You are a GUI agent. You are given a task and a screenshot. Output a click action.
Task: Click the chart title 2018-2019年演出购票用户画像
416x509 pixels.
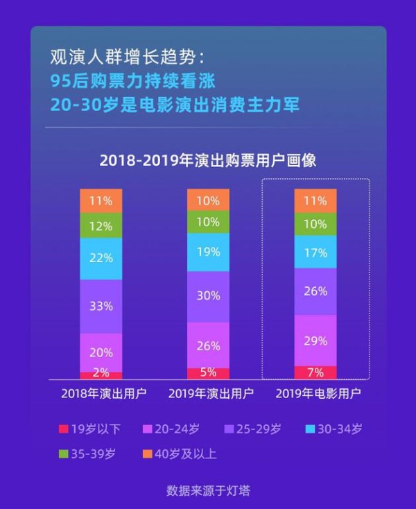tap(208, 160)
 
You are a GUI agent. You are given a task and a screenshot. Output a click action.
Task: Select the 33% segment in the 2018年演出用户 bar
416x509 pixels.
tap(101, 306)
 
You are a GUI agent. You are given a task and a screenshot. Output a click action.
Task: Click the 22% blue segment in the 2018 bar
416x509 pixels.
tap(101, 258)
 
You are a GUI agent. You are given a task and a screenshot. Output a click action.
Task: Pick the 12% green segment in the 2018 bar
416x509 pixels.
tap(101, 225)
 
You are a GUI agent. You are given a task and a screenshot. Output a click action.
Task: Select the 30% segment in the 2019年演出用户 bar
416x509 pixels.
tap(208, 295)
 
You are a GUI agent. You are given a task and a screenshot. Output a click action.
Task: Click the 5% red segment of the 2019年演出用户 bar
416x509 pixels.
tap(208, 372)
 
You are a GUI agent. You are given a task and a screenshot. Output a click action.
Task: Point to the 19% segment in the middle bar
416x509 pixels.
tap(208, 252)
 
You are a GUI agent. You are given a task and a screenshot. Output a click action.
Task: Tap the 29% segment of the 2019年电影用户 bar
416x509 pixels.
tap(315, 340)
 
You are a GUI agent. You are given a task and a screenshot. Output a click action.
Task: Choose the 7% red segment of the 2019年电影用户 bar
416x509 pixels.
tap(315, 372)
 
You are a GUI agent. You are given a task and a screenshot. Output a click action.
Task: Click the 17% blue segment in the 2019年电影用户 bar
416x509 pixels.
tap(315, 253)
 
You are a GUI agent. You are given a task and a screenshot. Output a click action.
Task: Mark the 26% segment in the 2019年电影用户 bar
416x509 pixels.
tap(315, 291)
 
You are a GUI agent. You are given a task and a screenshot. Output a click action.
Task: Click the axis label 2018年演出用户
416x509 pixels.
tap(101, 394)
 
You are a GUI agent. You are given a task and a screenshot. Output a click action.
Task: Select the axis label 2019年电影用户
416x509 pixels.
tap(315, 394)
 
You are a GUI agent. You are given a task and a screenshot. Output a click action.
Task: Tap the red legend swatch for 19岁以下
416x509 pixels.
tap(62, 429)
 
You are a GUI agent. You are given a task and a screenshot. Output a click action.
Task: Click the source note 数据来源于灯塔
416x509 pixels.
tap(208, 490)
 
